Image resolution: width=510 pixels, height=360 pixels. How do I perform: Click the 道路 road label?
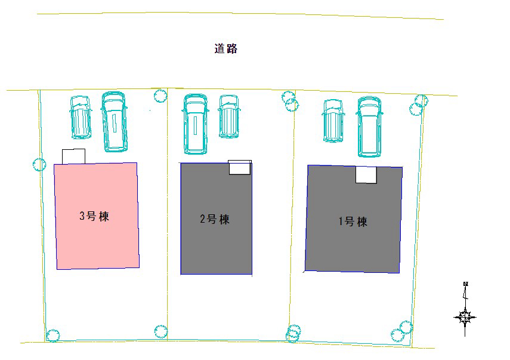point(225,49)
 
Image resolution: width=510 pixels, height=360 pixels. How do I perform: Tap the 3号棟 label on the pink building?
point(94,216)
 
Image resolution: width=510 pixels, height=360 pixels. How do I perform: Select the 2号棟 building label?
point(215,219)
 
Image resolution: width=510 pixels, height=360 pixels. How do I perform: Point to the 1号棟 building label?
point(353,221)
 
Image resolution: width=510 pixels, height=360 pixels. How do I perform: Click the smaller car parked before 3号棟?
point(81,117)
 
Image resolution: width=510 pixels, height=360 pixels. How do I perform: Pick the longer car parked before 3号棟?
point(114,122)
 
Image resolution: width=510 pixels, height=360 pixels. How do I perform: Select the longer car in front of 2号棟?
point(195,124)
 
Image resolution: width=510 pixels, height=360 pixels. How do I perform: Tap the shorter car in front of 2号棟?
point(229,116)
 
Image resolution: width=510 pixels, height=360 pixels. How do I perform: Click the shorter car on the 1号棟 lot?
point(333,121)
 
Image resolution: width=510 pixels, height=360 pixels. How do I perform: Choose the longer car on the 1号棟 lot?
point(369,127)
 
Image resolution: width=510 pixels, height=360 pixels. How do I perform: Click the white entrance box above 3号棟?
point(73,156)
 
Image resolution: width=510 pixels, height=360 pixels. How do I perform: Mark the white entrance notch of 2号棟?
point(240,167)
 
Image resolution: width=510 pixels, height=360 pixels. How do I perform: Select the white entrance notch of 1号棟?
point(366,175)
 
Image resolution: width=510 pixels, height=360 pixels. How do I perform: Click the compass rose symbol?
point(465,317)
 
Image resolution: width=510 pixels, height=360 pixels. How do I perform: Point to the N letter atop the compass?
point(465,284)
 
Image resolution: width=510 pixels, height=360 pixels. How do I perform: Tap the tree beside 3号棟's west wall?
point(40,164)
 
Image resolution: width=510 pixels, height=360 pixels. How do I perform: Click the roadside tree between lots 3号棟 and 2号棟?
point(160,96)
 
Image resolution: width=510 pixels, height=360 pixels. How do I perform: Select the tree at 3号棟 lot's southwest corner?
point(52,336)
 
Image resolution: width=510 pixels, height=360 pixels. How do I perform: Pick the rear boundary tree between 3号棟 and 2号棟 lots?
point(160,331)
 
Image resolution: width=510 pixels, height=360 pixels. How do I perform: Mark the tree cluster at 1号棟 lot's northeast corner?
point(418,105)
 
